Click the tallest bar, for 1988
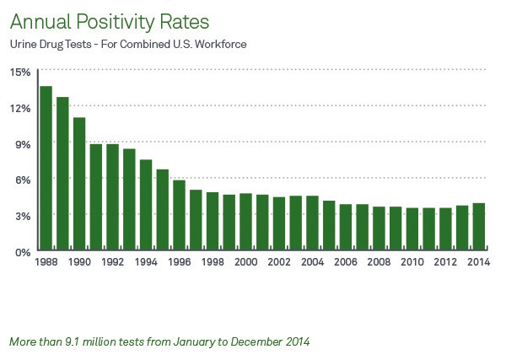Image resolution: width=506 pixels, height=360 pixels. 46,169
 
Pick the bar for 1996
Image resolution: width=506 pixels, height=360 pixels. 179,216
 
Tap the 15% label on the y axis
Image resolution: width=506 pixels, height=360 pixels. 21,72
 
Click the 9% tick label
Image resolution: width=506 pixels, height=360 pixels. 24,144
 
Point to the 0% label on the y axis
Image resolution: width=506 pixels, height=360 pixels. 24,252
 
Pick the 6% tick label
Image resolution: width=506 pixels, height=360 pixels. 24,180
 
